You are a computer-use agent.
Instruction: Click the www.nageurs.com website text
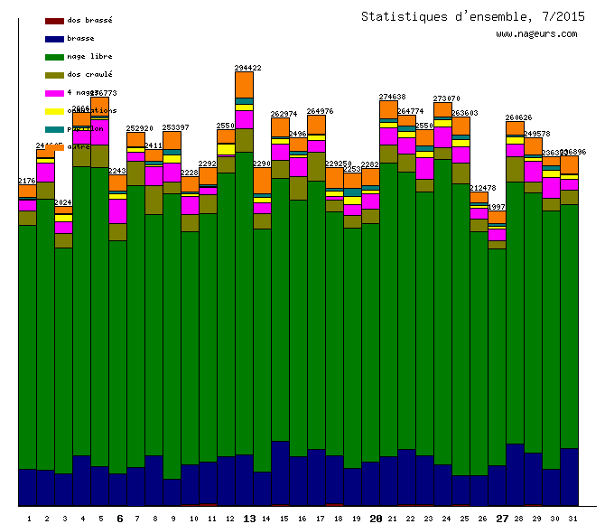536,34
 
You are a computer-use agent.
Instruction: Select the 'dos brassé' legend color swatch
54,20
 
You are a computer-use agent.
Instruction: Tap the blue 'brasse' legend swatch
54,39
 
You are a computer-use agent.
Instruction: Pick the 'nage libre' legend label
89,56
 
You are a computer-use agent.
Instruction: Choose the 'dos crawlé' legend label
89,74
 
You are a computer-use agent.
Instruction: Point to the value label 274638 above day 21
393,96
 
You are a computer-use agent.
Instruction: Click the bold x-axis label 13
249,519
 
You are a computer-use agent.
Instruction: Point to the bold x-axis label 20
376,519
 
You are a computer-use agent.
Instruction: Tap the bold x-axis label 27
502,519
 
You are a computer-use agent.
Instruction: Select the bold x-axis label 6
119,519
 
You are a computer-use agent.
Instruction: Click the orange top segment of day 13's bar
244,84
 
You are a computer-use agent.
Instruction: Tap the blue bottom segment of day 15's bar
280,473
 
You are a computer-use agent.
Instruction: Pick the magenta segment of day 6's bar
117,211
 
